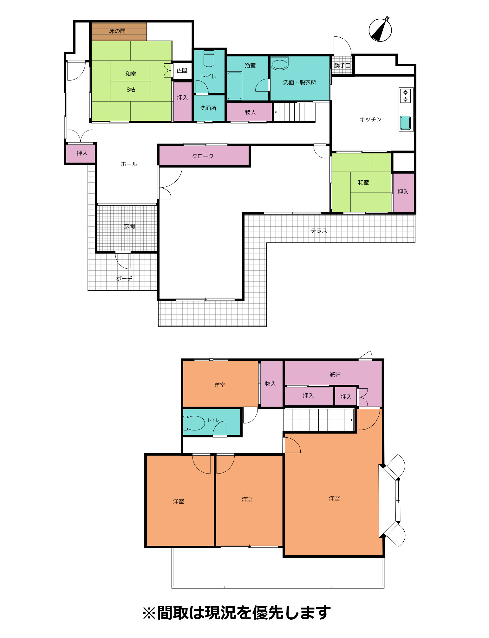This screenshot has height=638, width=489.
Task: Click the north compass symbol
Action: coord(380,30)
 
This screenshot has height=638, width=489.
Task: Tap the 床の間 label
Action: coord(117,31)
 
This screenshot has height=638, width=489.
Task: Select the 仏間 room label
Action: coord(182,71)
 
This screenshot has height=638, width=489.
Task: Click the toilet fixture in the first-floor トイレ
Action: coord(209,58)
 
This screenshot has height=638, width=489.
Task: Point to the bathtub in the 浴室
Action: coord(235,86)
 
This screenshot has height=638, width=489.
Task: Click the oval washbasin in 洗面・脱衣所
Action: coord(280,63)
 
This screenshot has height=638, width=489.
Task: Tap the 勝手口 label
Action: coord(342,66)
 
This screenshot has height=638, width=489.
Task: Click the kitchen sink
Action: coord(406,123)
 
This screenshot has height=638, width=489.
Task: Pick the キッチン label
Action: coord(370,119)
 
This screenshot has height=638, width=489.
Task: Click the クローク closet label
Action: coord(203,156)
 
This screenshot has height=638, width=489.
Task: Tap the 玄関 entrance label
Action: coord(129,226)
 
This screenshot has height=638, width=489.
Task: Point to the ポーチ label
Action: coord(124,278)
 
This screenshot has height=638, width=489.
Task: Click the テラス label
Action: coord(319,231)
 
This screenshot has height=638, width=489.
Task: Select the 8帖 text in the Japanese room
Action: coord(131,90)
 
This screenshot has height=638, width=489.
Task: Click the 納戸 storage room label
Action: coord(335,374)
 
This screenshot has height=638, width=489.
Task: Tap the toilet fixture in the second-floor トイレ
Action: coord(194,423)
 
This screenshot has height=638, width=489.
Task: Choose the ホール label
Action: coord(129,164)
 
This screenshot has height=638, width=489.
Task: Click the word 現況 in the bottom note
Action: coord(221,613)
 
